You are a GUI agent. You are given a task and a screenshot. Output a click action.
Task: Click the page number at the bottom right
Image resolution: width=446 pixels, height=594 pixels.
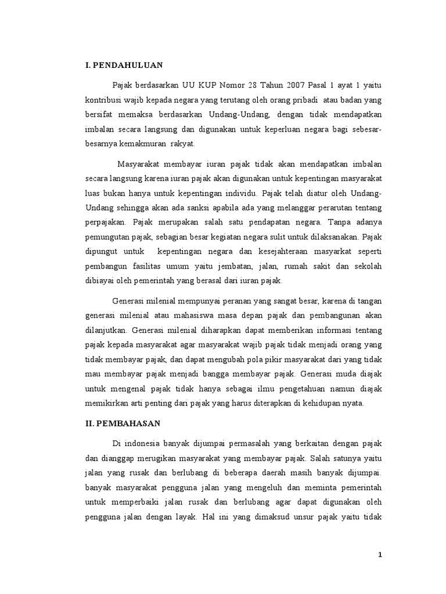380,555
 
